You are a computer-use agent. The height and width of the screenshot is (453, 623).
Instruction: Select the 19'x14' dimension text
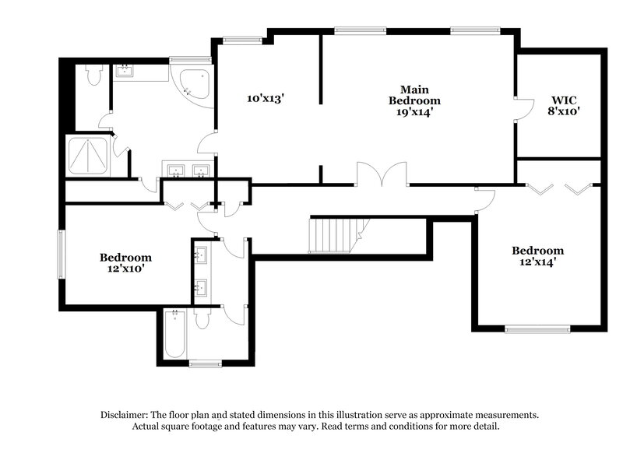(x=414, y=111)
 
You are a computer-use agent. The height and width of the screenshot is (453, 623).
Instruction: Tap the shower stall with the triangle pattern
(x=89, y=155)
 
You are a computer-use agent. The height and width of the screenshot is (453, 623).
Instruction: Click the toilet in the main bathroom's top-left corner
(x=94, y=75)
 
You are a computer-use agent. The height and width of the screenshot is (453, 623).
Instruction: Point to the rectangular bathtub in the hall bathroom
(x=175, y=335)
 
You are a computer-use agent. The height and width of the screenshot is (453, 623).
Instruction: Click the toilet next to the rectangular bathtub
(x=203, y=319)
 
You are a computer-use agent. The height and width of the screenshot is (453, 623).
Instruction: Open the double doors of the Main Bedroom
(x=382, y=175)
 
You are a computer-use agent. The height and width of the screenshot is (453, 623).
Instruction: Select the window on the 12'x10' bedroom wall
(x=61, y=252)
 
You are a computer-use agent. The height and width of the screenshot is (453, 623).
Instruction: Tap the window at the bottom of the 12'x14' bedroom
(x=537, y=328)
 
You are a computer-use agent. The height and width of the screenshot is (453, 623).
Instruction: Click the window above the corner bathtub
(x=190, y=59)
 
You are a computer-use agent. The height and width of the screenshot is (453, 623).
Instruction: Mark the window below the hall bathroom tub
(x=206, y=363)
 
